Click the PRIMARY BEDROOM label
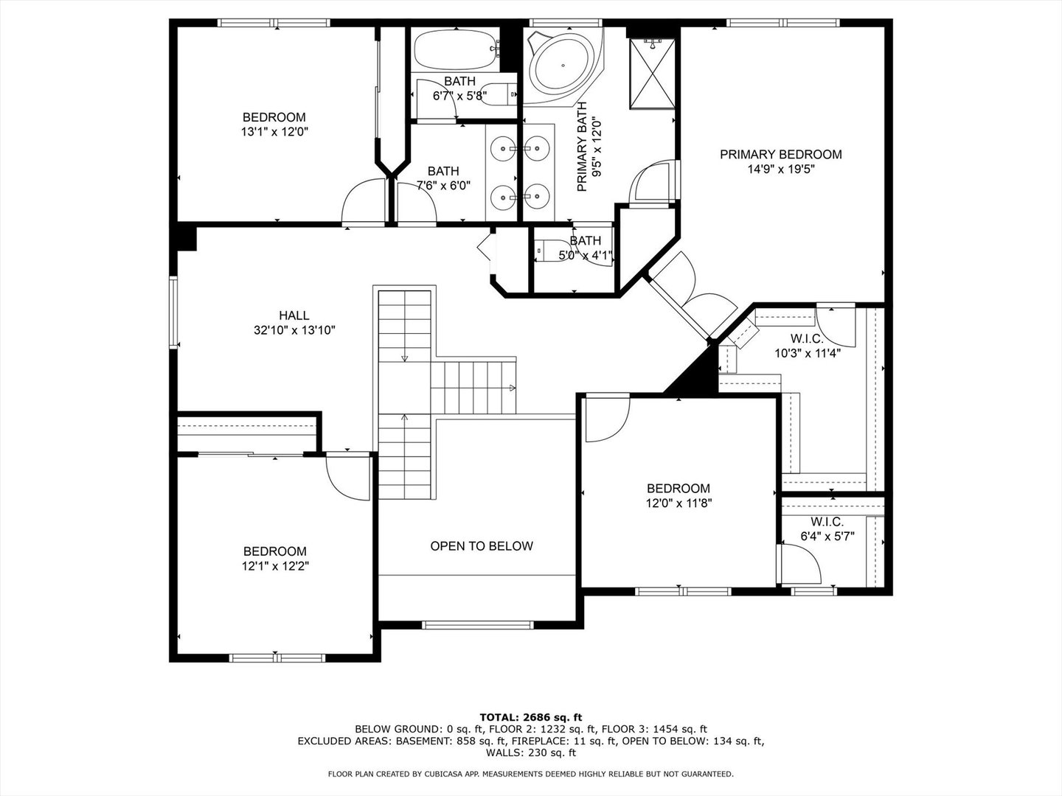780,154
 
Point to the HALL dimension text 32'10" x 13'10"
294,331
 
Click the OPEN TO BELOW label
481,546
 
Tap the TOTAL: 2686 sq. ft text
530,716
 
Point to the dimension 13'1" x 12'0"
274,132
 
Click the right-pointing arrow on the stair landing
512,388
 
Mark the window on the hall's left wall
174,311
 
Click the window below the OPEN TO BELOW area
477,625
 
